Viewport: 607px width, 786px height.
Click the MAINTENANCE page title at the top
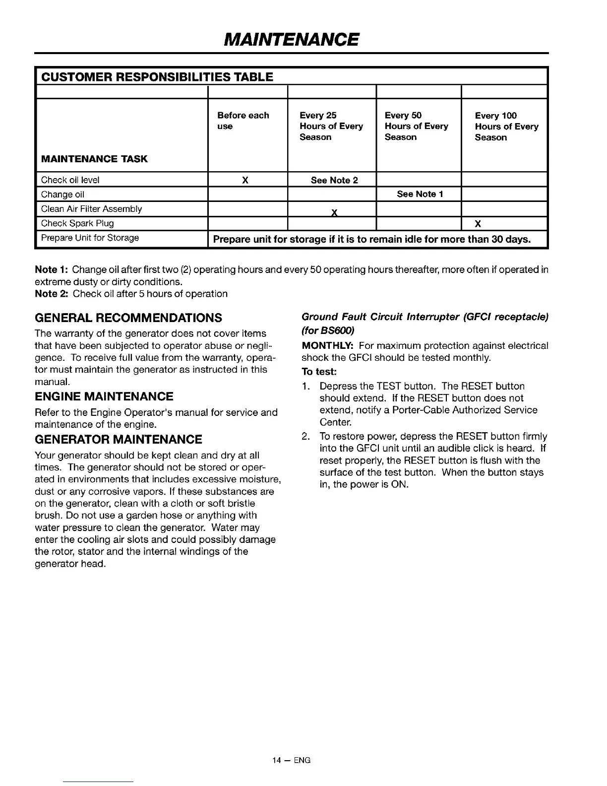pyautogui.click(x=292, y=39)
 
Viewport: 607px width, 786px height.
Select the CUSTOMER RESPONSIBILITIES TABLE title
pyautogui.click(x=157, y=77)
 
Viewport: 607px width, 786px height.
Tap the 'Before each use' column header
pyautogui.click(x=243, y=121)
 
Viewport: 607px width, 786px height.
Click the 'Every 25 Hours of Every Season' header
pyautogui.click(x=331, y=126)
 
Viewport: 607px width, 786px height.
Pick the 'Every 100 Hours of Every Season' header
pyautogui.click(x=506, y=126)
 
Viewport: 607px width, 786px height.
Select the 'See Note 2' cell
pyautogui.click(x=334, y=180)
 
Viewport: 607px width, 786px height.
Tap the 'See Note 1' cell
pyautogui.click(x=420, y=194)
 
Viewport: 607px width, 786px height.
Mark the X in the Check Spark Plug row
pyautogui.click(x=478, y=223)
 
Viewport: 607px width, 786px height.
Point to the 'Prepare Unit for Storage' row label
pyautogui.click(x=90, y=238)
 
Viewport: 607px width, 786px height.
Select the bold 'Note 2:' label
pyautogui.click(x=52, y=294)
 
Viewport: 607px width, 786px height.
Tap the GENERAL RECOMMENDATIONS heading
pyautogui.click(x=128, y=318)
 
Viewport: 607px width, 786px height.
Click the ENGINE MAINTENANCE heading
pyautogui.click(x=104, y=396)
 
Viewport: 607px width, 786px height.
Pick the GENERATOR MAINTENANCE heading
pyautogui.click(x=119, y=440)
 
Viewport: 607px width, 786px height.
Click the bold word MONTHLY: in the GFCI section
pyautogui.click(x=328, y=345)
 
